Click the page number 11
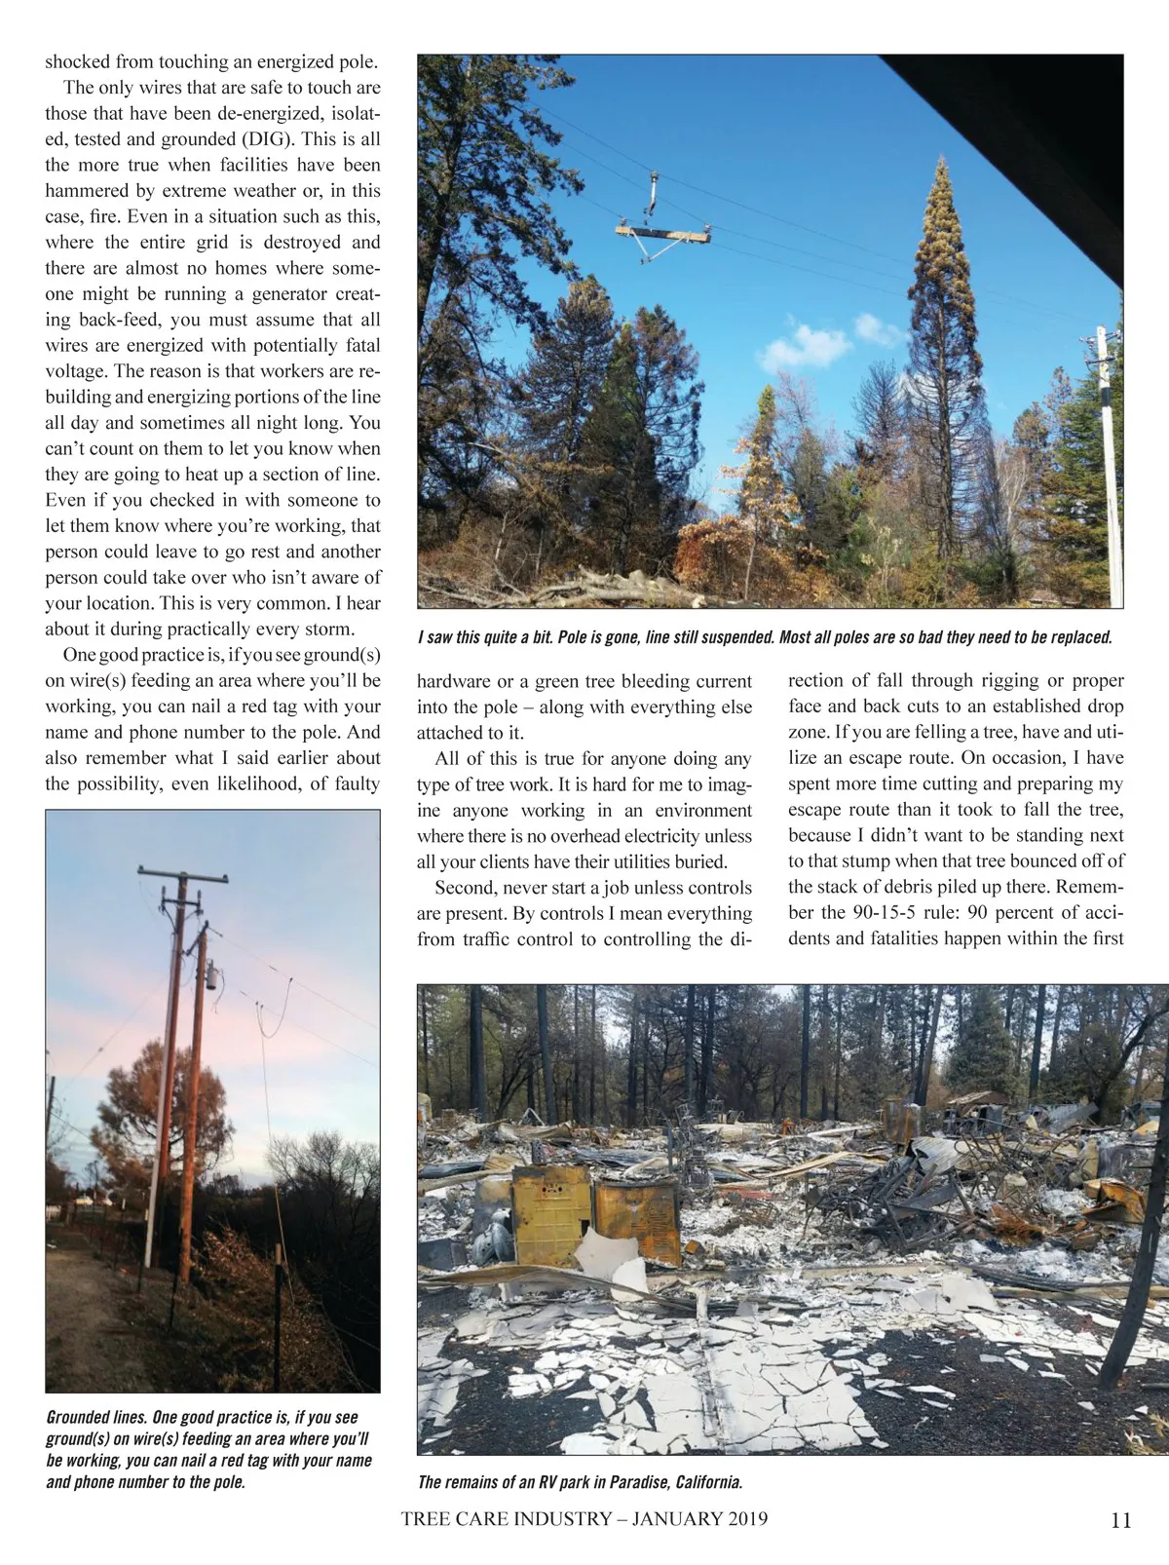(1120, 1520)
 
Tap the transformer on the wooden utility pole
(209, 978)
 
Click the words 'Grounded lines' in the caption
(94, 1417)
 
